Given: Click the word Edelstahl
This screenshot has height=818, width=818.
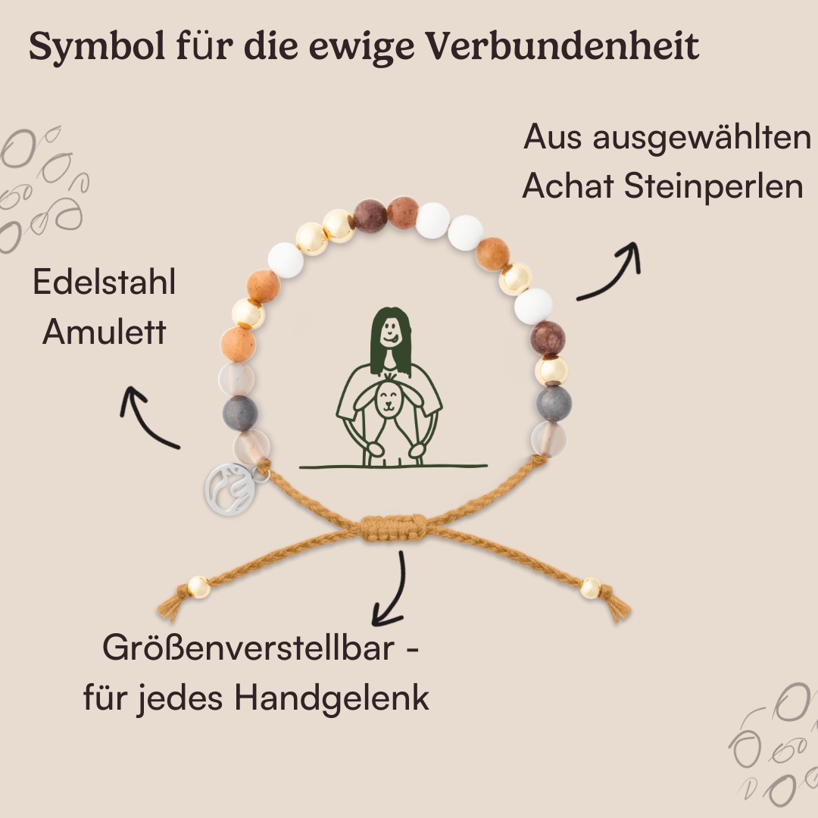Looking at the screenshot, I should click(104, 283).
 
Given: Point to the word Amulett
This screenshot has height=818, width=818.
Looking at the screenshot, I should click(104, 332).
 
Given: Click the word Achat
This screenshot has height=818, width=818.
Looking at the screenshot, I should click(568, 187).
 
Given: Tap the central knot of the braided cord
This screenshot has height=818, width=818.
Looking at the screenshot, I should click(393, 527).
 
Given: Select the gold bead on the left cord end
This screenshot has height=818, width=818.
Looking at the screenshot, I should click(198, 586).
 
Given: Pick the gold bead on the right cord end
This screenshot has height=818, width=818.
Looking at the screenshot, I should click(591, 587).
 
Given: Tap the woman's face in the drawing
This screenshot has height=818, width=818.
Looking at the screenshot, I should click(389, 330).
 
